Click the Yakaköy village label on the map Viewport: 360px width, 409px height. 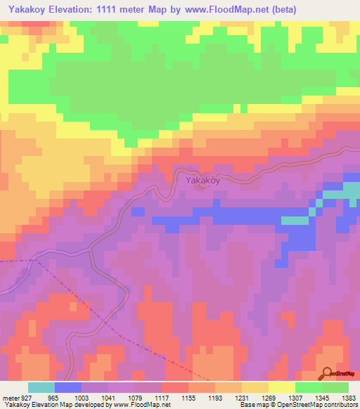click(203, 181)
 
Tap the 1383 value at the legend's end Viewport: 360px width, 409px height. click(348, 398)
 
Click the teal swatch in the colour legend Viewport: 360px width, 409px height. click(41, 387)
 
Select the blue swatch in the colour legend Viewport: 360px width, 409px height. click(68, 387)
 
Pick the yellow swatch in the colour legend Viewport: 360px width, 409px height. click(282, 387)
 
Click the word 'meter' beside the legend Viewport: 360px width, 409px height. click(10, 398)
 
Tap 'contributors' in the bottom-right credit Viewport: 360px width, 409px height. click(339, 405)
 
